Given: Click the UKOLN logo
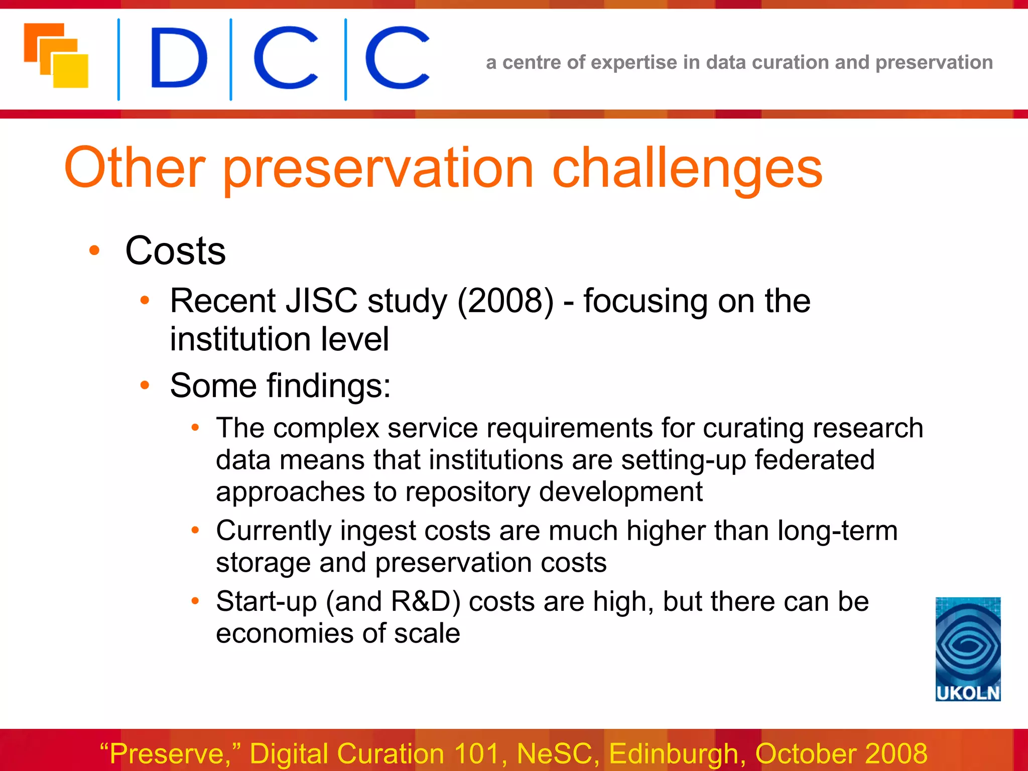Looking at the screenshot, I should click(x=968, y=649).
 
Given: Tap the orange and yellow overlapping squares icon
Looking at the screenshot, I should click(x=56, y=55).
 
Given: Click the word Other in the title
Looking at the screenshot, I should click(x=135, y=168).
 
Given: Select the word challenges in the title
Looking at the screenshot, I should click(x=687, y=168).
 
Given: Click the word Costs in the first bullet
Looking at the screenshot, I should click(x=175, y=251).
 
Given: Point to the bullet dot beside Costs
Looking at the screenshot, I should click(x=94, y=250).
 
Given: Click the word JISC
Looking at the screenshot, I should click(x=321, y=301).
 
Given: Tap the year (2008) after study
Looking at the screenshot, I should click(x=505, y=301).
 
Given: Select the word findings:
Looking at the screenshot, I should click(x=328, y=386).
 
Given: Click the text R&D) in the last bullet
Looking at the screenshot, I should click(x=425, y=602).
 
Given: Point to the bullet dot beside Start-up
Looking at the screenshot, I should click(x=195, y=601).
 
